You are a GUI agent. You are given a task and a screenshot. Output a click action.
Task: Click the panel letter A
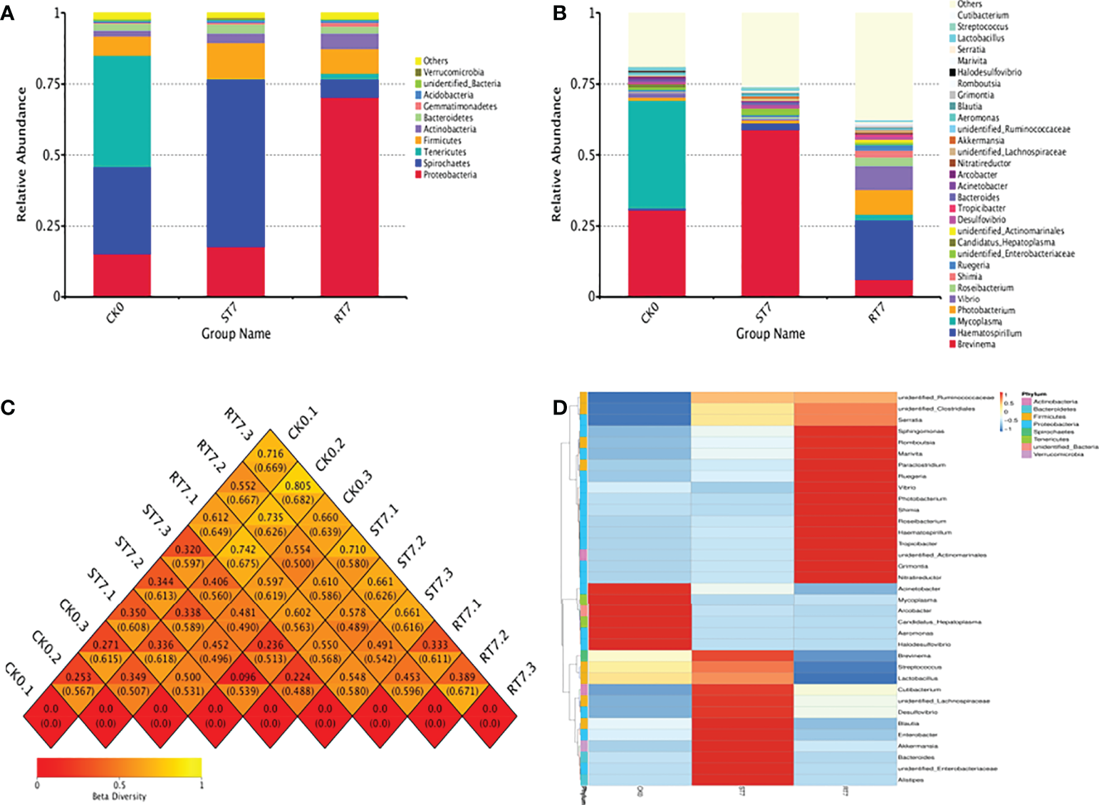coord(6,13)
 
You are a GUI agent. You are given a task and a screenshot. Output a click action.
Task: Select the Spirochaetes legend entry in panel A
coord(446,163)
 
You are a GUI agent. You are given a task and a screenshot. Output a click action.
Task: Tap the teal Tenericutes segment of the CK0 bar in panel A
coord(122,111)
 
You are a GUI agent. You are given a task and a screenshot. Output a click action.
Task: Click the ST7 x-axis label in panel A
coord(229,312)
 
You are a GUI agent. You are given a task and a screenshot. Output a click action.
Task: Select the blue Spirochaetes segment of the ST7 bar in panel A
coord(235,163)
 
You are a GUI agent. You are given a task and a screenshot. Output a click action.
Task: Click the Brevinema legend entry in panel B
coord(976,344)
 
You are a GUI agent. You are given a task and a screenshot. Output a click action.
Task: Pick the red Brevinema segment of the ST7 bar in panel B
coord(770,213)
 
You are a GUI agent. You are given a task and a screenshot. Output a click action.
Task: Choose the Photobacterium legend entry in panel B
coord(986,310)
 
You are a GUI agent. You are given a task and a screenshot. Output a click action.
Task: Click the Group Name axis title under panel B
coord(770,333)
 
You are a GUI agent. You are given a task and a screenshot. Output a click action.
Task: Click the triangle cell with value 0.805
coord(298,492)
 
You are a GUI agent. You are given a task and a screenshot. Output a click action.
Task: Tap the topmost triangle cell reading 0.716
coord(270,460)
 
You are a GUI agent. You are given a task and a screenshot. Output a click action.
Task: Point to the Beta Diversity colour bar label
coord(119,796)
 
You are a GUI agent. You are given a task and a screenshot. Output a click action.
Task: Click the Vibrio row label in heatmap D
coord(907,487)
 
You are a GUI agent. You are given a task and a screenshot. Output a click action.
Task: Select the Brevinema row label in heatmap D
coord(915,655)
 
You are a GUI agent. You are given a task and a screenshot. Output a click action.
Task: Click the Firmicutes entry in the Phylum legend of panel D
coord(1049,417)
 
